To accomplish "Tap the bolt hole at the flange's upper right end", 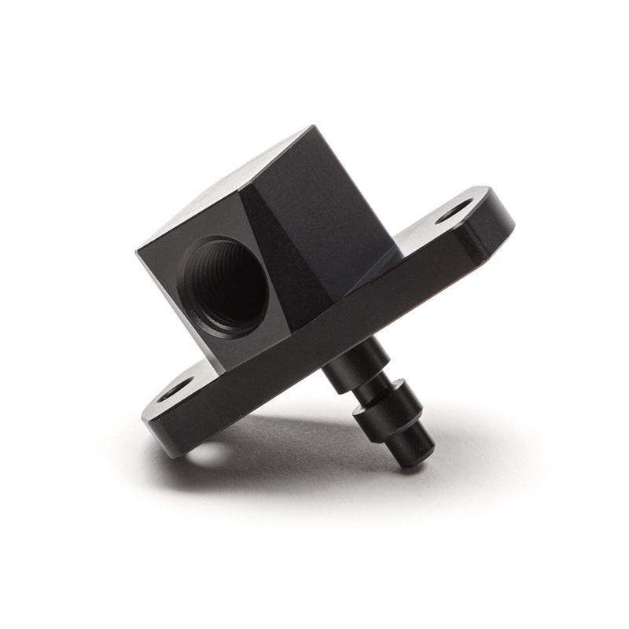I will (455, 210).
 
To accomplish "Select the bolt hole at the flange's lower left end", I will (175, 388).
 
